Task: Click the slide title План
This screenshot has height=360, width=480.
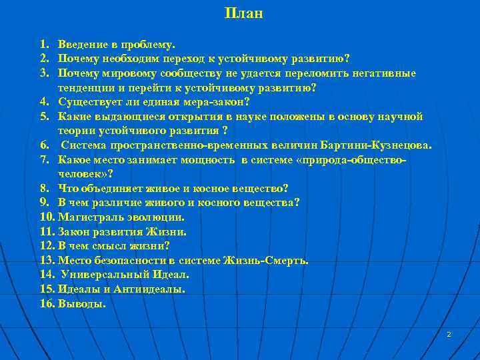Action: (x=244, y=13)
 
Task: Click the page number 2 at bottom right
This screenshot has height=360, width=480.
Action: (x=449, y=334)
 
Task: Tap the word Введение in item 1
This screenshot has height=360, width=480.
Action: (x=82, y=45)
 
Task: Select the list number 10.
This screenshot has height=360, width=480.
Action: (x=47, y=217)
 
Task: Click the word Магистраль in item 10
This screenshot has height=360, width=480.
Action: (x=87, y=217)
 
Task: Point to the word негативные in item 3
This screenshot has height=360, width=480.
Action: (x=386, y=73)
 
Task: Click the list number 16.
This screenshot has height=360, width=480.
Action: (x=47, y=304)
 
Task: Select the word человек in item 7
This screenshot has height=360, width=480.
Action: (x=79, y=174)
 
